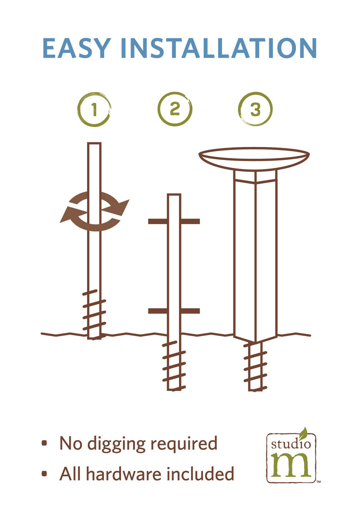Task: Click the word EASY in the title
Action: tap(77, 48)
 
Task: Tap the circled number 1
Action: tap(94, 109)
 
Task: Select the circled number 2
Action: tap(174, 109)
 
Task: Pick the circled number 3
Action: tap(255, 109)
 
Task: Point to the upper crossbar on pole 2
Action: tap(174, 221)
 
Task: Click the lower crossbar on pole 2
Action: tap(174, 311)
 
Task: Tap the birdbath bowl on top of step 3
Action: tap(254, 159)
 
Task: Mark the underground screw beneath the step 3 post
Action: tap(255, 366)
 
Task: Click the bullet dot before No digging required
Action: tap(44, 443)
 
